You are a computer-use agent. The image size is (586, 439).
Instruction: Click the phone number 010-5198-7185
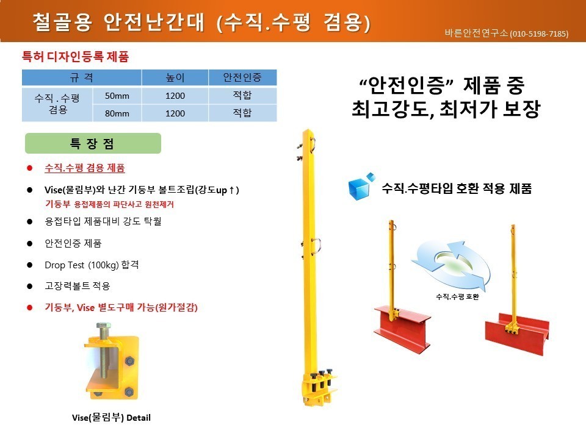point(539,34)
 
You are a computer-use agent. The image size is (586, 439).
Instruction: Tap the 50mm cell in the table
point(117,96)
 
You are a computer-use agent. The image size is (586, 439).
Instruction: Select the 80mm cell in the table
point(117,113)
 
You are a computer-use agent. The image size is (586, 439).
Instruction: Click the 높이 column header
point(175,77)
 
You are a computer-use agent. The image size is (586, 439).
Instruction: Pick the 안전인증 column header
point(242,77)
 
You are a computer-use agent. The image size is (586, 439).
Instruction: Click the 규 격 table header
point(81,77)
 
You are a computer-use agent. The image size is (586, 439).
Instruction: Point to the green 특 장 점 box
point(93,143)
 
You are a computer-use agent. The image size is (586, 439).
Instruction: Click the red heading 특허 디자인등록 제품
point(76,57)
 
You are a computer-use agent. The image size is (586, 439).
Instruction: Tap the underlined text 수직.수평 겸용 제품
point(85,168)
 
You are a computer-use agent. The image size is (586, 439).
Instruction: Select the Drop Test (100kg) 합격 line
point(92,265)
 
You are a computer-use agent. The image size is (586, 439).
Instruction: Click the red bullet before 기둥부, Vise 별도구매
point(30,307)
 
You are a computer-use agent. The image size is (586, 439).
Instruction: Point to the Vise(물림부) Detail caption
point(111,418)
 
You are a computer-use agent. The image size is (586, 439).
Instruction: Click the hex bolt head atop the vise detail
point(104,326)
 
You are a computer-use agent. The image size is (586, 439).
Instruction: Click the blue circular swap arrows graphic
point(450,265)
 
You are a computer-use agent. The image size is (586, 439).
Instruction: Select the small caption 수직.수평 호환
point(457,297)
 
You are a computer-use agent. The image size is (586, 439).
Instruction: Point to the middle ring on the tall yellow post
point(316,246)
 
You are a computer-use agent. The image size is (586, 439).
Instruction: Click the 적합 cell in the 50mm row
point(242,96)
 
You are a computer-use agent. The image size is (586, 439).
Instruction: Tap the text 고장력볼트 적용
point(78,287)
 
